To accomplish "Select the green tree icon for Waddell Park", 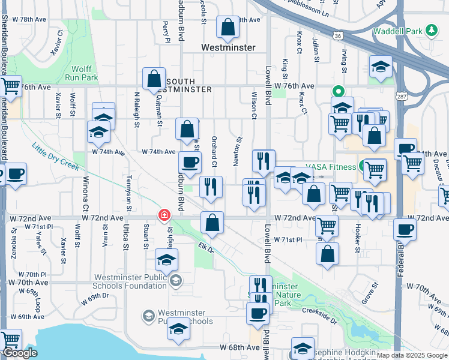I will [x=430, y=30].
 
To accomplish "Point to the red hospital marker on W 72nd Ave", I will [x=163, y=214].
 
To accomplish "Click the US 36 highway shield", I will [x=339, y=36].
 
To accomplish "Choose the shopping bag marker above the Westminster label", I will [x=228, y=26].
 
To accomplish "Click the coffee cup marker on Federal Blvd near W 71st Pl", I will [x=405, y=229].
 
